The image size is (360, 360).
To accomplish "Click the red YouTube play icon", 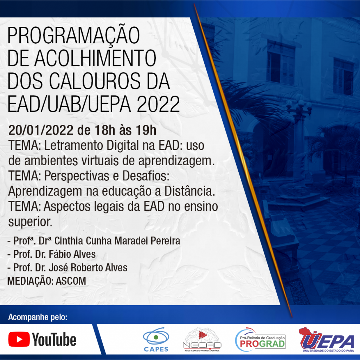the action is [x=19, y=339].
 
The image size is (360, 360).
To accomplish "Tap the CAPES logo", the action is [x=156, y=339].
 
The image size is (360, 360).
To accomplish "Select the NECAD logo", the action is [x=202, y=339].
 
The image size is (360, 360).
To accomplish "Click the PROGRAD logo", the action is [x=261, y=340].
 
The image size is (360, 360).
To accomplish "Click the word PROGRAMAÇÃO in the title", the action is [x=74, y=36].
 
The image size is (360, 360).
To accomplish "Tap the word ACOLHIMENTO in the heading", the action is [x=95, y=58].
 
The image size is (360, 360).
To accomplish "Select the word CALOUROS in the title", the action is [x=95, y=81].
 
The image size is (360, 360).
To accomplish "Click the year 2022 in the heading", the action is [x=159, y=104].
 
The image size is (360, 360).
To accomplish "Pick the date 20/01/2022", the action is [x=41, y=130].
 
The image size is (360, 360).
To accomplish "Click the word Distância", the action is [x=190, y=191].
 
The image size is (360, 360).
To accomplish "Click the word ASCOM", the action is [x=71, y=281].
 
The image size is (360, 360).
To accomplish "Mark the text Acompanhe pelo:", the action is [x=38, y=317].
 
